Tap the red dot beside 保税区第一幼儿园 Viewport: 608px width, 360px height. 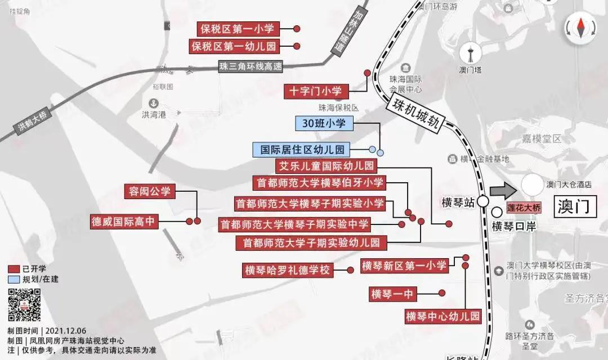click(297, 47)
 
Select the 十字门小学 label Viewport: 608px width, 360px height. click(317, 91)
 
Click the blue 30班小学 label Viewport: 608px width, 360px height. click(324, 123)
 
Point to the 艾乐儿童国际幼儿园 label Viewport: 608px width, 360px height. click(326, 166)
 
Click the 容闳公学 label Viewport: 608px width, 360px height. click(150, 192)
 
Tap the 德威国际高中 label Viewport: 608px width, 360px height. click(123, 222)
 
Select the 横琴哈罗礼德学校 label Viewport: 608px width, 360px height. click(287, 269)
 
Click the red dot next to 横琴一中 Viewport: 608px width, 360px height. click(442, 292)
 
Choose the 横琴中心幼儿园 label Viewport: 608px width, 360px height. click(444, 316)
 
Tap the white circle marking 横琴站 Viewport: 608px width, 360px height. click(483, 202)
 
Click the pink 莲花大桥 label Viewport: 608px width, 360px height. click(524, 208)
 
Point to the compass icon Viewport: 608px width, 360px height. click(581, 27)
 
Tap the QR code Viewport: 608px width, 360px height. click(24, 305)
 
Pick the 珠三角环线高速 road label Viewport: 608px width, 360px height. click(251, 66)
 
